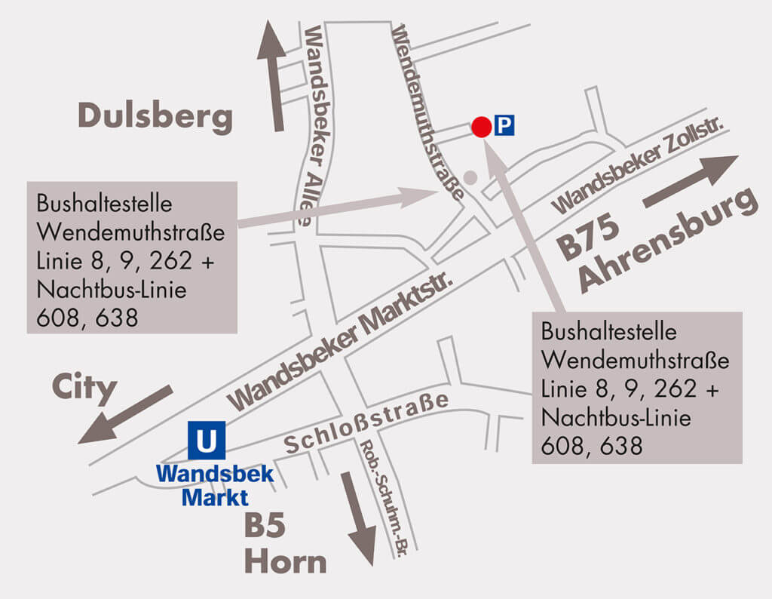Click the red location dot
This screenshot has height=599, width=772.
(481, 127)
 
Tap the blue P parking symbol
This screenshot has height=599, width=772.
(504, 125)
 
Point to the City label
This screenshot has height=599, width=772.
(84, 389)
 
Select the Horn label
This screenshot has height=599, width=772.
(285, 562)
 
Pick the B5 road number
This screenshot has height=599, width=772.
(264, 526)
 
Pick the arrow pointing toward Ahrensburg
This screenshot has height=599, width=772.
(689, 181)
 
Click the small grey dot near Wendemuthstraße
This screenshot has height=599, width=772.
(470, 178)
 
